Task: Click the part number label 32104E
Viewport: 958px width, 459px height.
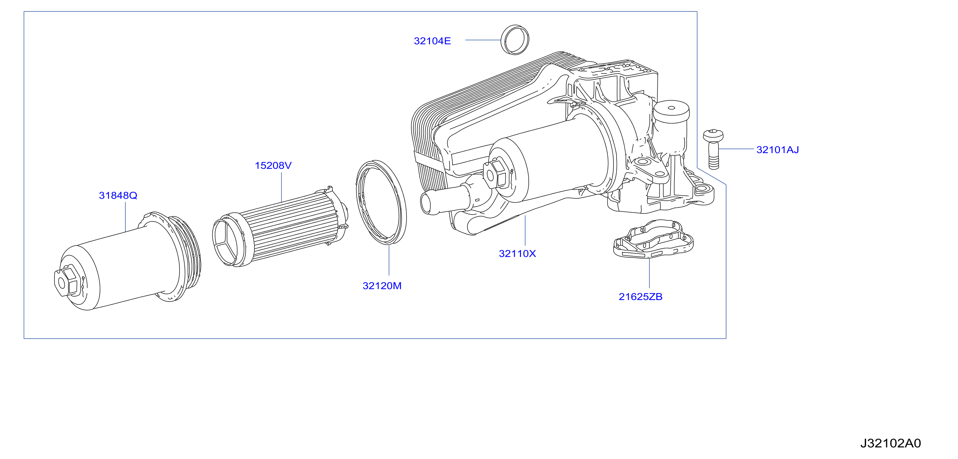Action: point(432,41)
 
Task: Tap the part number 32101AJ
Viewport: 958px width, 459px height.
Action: point(778,150)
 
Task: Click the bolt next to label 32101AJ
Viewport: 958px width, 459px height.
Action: point(713,149)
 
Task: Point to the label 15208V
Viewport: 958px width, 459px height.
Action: point(273,165)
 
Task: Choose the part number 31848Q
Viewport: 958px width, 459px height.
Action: point(118,195)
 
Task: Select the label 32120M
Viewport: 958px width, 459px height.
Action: point(382,286)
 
